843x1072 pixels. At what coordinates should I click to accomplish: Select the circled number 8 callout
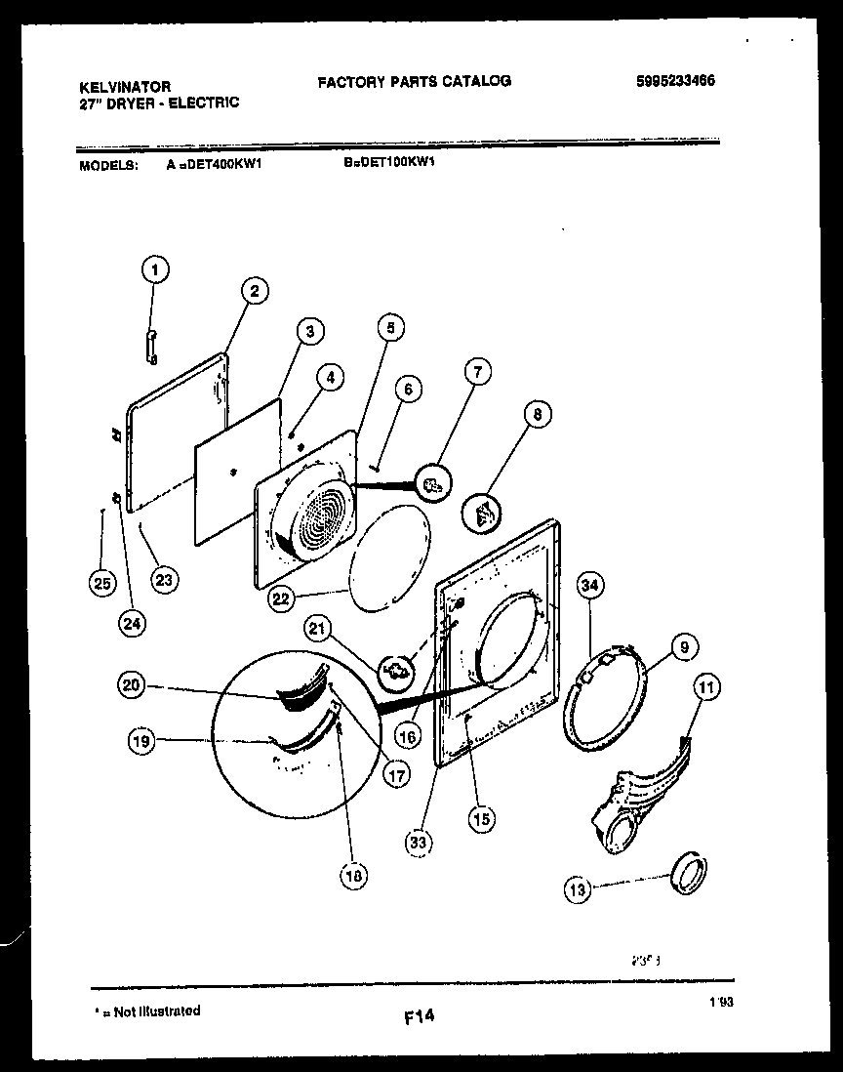[536, 415]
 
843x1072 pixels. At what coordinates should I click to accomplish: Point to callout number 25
[100, 584]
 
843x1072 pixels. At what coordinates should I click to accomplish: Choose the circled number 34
[590, 586]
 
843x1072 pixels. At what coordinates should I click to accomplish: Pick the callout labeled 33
[421, 841]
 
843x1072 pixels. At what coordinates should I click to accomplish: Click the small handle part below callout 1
[151, 347]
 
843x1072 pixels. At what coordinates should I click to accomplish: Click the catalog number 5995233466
[674, 82]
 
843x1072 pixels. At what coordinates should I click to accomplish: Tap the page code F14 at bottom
[419, 1017]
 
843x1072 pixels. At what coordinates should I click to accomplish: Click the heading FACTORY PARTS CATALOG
[414, 81]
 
